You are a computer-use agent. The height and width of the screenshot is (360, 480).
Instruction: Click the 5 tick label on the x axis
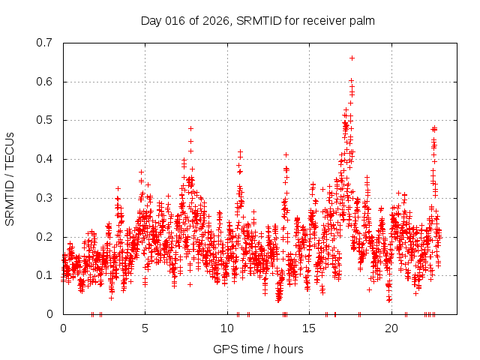145,328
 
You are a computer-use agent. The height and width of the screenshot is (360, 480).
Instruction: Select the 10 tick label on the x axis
227,328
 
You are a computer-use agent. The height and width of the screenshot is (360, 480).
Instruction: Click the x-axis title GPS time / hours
258,349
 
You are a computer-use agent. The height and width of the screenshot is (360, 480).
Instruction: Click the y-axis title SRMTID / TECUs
10,178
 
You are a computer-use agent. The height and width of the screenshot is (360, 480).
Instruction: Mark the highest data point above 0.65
352,58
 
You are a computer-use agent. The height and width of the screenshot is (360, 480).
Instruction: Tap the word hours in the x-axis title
288,349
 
